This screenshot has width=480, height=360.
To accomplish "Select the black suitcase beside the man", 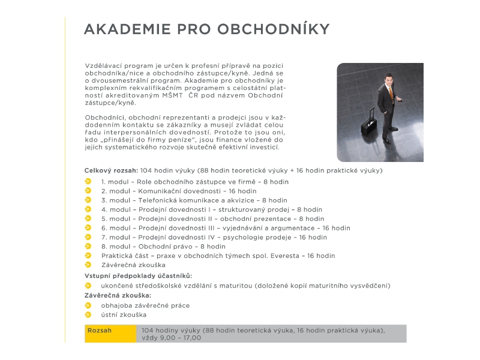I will tap(368, 124).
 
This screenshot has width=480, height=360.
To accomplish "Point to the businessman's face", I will tap(389, 80).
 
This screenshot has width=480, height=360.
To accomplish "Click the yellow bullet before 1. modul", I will tap(88, 181).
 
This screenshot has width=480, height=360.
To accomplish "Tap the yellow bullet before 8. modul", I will tap(88, 246).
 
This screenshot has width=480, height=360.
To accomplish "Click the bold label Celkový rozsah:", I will tap(111, 170).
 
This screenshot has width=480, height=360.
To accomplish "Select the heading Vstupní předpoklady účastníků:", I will tap(138, 275).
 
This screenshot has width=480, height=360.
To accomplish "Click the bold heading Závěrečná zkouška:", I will tap(118, 295).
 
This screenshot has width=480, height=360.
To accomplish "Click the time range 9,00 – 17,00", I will tap(179, 338).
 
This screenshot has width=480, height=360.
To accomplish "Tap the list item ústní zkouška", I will tap(124, 314).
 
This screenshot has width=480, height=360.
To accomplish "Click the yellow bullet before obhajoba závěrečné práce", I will tap(88, 305).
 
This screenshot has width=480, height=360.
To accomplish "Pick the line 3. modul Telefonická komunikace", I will tap(194, 200).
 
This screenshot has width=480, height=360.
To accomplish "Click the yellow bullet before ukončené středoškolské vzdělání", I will tap(88, 286).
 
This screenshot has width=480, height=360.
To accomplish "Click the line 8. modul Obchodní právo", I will tap(163, 246).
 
